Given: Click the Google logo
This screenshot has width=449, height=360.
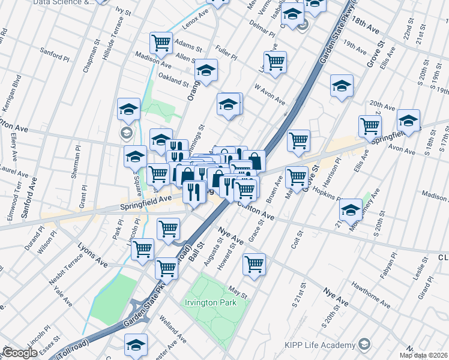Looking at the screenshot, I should click(20, 353).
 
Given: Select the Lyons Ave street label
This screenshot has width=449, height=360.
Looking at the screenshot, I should click(92, 255).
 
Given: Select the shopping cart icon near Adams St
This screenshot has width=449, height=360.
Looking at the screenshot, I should click(161, 43).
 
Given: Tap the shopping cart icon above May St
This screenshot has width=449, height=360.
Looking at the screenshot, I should click(255, 264).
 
